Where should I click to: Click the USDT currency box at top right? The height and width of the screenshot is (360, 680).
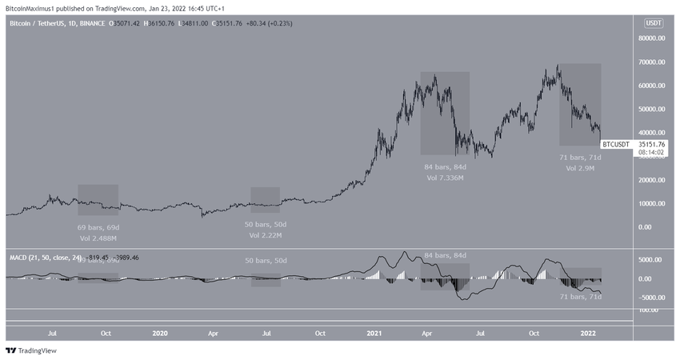point(654,24)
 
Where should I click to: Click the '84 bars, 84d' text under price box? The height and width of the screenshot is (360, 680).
point(445,166)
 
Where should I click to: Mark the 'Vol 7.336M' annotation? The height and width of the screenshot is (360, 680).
point(445,177)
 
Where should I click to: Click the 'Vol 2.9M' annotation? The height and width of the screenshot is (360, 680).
point(579,170)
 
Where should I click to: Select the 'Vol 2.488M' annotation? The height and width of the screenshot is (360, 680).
point(98,238)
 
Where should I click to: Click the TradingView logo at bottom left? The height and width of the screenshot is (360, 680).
point(26,350)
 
